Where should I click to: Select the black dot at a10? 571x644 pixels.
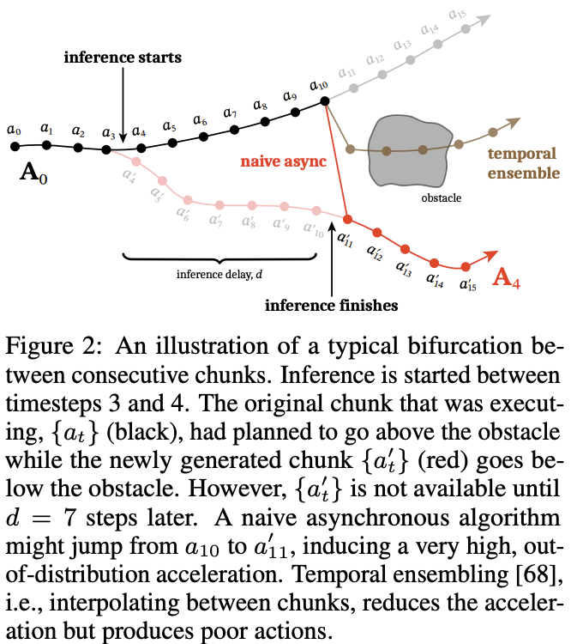(x=324, y=101)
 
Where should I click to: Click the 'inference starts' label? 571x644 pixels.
(x=123, y=58)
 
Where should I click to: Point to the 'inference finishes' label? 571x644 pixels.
(x=332, y=304)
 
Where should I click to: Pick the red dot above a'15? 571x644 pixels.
(x=466, y=266)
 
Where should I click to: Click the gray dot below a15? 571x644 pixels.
(x=464, y=28)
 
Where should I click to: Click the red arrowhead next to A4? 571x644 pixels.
(x=494, y=254)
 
